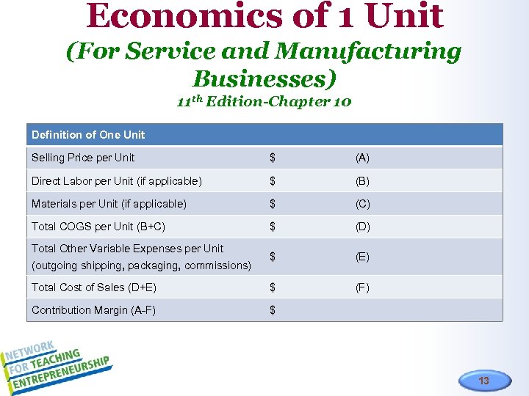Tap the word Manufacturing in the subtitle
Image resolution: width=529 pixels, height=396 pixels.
coord(367,51)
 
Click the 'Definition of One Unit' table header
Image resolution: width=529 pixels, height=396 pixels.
coord(88,134)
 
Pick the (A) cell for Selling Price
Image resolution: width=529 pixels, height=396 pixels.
coord(362,158)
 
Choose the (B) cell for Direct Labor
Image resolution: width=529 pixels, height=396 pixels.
coord(362,180)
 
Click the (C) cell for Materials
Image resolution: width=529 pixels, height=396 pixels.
coord(362,204)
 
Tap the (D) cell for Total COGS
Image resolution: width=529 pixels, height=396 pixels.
coord(362,227)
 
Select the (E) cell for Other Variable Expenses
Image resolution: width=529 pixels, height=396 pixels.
coord(362,257)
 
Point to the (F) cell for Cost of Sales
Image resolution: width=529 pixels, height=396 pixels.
coord(362,287)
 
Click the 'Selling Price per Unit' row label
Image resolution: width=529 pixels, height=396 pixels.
coord(83,158)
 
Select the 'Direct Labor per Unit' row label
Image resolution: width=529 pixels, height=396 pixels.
coord(116,180)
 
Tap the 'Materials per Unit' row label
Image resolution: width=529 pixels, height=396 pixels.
coord(109,204)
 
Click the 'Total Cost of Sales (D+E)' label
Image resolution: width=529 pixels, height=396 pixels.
coord(94,287)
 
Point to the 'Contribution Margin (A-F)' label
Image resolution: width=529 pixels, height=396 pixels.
coord(93,310)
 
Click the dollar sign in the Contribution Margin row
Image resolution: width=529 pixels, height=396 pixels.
coord(273,310)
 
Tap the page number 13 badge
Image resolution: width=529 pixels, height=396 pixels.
coord(483,381)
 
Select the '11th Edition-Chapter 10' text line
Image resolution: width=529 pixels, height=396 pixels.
coord(264,101)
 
